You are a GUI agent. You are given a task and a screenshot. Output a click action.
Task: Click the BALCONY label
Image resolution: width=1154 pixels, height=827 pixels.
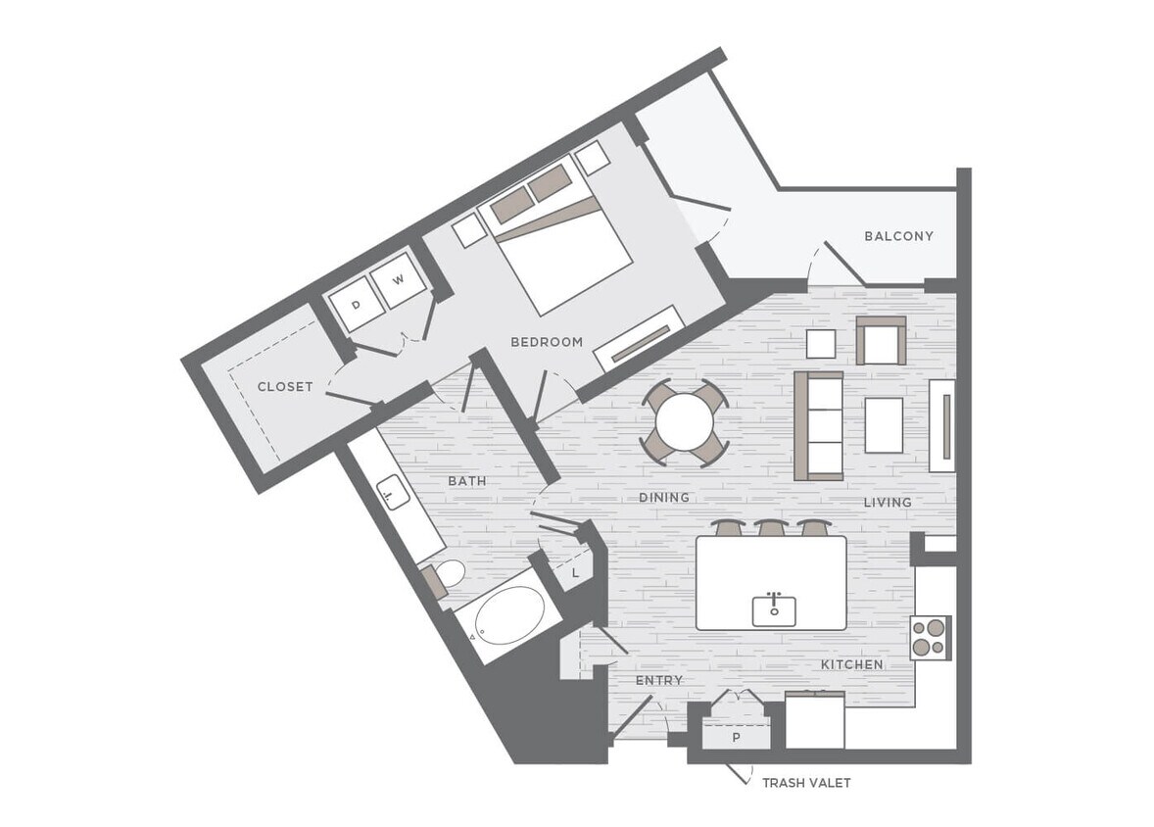[898, 236]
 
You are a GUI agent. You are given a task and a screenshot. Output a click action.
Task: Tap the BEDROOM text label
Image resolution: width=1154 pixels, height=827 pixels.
[547, 342]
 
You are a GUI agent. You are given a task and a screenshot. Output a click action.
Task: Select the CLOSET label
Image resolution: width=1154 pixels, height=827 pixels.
[285, 387]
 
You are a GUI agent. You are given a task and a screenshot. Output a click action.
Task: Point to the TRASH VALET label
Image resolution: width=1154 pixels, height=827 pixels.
[806, 783]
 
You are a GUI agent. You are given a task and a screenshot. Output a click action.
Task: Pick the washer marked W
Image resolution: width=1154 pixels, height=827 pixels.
[399, 280]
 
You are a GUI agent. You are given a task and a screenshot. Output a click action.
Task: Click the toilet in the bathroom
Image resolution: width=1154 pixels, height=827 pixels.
[447, 576]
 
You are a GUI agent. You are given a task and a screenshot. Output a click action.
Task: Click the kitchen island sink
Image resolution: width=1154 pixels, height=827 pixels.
[773, 609]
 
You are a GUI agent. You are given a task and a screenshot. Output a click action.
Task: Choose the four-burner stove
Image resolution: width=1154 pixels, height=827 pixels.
[930, 637]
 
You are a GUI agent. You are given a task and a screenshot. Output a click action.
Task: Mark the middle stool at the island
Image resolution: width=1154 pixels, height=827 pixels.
[772, 528]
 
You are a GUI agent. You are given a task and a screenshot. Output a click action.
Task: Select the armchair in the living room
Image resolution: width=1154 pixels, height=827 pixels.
[881, 341]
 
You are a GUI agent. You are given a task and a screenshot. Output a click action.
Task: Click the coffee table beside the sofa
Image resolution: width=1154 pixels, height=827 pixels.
[884, 424]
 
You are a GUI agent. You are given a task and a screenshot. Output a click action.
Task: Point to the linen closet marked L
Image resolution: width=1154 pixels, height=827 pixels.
[575, 570]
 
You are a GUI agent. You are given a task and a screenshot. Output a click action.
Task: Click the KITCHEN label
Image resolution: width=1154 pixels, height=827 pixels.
[851, 664]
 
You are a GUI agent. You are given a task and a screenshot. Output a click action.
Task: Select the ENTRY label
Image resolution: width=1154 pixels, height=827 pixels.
[658, 680]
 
